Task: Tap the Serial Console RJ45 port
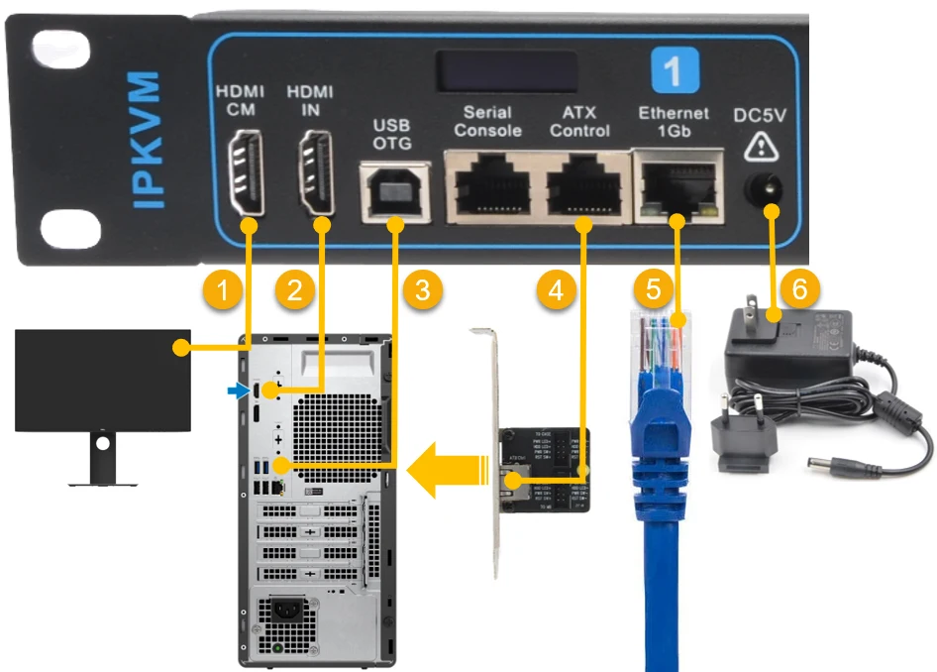(x=489, y=184)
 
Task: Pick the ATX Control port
(x=584, y=184)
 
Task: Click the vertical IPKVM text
(x=147, y=139)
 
